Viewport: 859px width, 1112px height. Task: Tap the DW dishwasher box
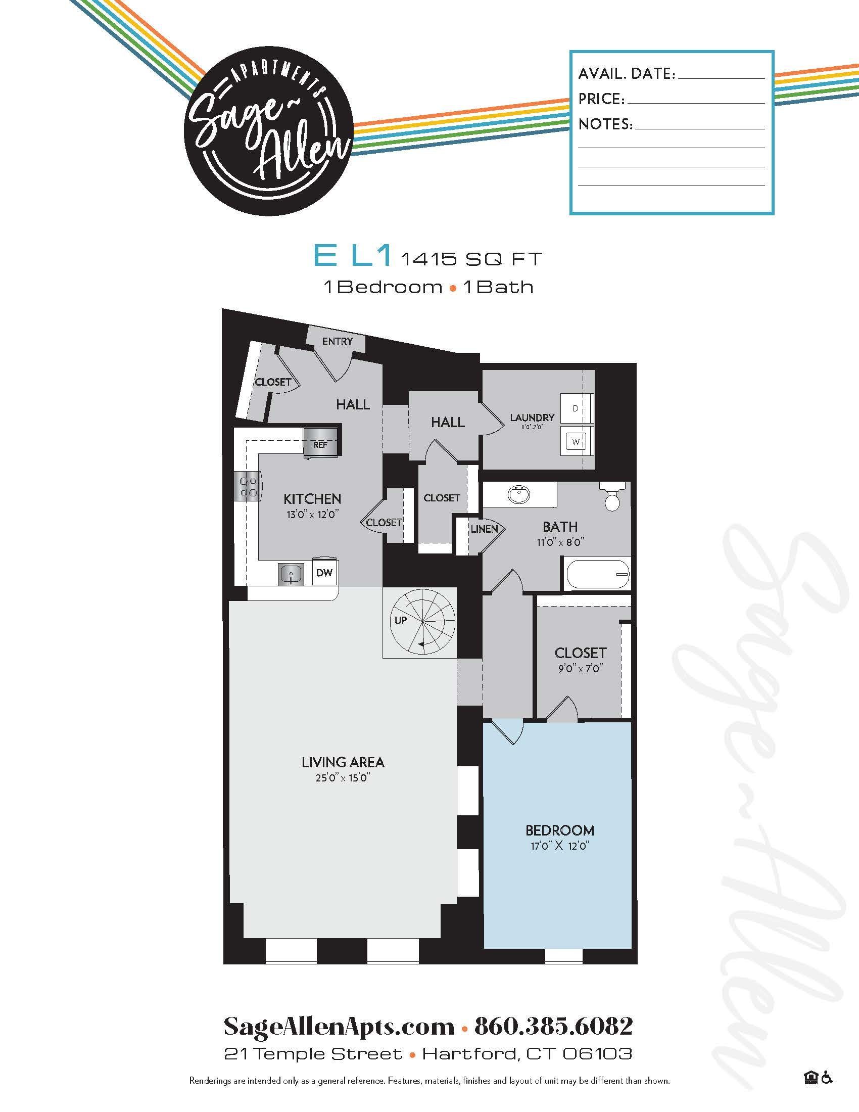[x=324, y=573]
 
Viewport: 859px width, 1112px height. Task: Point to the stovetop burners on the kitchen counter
[x=248, y=486]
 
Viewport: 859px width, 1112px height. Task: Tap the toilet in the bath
[x=613, y=496]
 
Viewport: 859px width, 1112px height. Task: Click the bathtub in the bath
[x=598, y=574]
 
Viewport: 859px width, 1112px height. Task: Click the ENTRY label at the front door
[x=338, y=341]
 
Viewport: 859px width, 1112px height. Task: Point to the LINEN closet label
[x=484, y=529]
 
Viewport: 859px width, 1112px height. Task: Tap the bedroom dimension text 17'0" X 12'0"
[x=559, y=846]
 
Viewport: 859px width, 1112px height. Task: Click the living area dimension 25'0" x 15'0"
[x=343, y=777]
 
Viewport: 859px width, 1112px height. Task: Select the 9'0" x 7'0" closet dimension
[x=580, y=668]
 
